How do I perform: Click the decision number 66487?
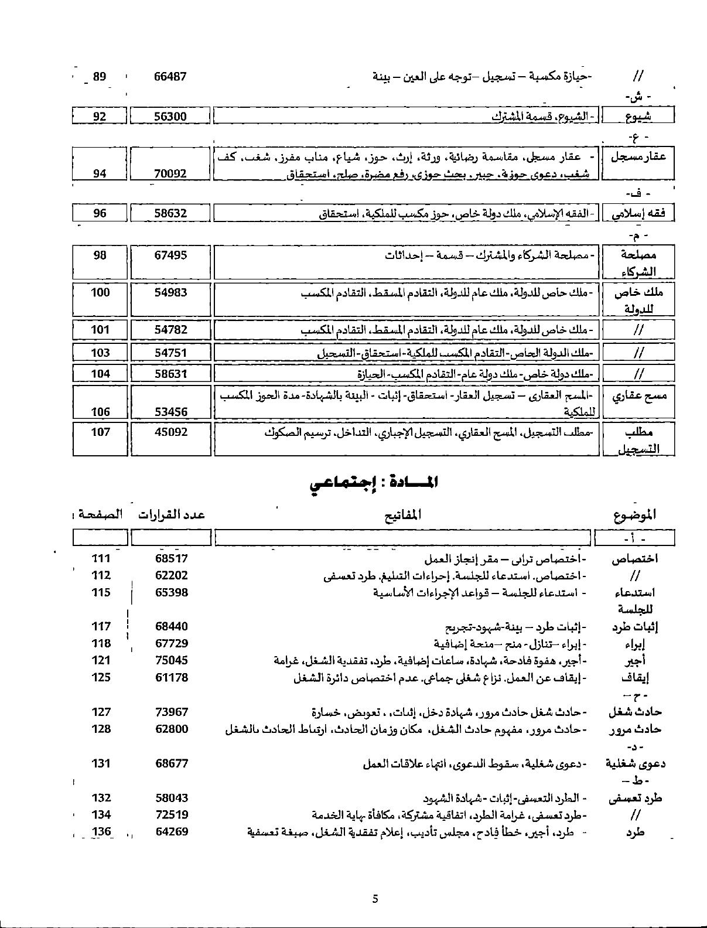(170, 76)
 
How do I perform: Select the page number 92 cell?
(100, 116)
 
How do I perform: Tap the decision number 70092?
(170, 173)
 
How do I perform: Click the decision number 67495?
(170, 255)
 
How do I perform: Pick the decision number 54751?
(170, 352)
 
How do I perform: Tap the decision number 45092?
(170, 432)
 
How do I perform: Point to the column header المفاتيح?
(404, 515)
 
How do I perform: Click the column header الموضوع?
(635, 515)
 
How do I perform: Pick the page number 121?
(101, 660)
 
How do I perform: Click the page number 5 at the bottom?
(375, 899)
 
